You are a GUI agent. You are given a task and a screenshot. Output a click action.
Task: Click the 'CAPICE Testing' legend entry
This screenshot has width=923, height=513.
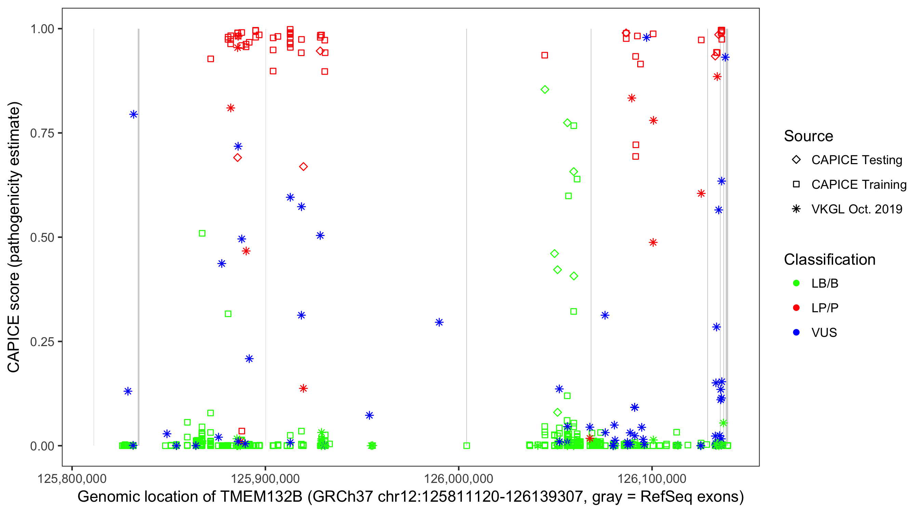coord(856,160)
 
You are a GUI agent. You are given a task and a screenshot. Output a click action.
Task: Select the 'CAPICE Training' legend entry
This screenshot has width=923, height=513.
coord(858,185)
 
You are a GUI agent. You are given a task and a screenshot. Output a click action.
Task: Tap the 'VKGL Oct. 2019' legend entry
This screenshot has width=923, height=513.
coord(856,209)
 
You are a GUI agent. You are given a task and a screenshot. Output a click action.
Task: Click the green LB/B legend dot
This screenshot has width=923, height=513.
coord(796,283)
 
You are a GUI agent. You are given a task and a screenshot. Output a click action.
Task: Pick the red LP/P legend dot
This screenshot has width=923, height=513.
coord(796,308)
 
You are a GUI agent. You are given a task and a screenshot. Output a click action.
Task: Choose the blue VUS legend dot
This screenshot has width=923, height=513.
coord(796,332)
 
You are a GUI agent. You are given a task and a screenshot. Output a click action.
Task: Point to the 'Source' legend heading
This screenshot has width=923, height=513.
coord(808,136)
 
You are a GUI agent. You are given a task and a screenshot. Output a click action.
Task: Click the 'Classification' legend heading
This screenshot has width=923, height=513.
coord(829,260)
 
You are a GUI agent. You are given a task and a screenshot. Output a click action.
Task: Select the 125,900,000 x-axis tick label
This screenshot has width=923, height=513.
coord(265,478)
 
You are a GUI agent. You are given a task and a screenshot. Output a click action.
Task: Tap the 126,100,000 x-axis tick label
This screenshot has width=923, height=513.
coord(652,478)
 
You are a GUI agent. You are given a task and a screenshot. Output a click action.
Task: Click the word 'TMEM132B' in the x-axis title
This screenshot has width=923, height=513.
coord(261,497)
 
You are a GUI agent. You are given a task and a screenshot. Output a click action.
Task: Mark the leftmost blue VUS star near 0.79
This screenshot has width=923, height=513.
coord(134,115)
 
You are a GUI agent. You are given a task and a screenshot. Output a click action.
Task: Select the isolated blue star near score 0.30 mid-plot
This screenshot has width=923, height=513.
coord(439,322)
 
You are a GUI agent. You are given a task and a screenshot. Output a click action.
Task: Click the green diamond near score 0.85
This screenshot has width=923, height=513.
coord(545,90)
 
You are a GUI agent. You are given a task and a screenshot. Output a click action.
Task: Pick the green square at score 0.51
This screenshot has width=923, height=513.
coord(202,233)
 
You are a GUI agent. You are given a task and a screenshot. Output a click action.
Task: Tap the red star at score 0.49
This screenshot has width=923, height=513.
coord(653,243)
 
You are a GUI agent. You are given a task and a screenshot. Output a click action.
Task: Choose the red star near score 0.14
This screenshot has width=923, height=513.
coord(304,388)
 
